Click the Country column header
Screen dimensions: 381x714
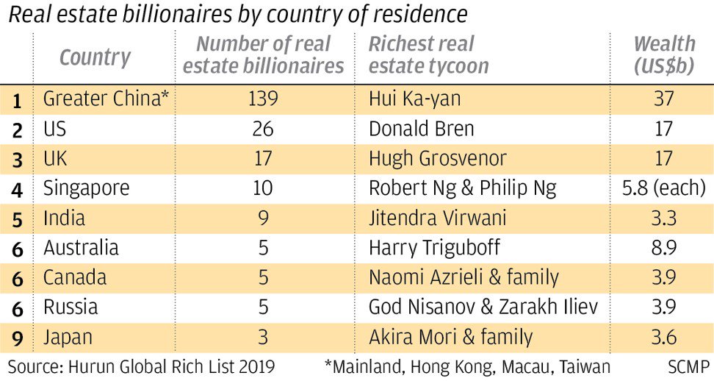(95, 57)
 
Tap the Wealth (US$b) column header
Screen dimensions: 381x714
(663, 54)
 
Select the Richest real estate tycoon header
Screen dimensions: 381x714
(428, 54)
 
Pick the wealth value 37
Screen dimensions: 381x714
(663, 99)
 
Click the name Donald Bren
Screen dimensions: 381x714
(421, 129)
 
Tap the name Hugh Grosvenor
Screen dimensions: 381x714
(437, 158)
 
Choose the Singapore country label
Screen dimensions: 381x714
(86, 188)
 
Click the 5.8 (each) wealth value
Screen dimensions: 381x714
(663, 188)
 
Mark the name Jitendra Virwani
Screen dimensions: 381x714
(438, 218)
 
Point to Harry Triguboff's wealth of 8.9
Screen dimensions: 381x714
(663, 248)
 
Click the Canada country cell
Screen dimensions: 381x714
(75, 278)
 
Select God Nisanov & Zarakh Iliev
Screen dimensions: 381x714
(484, 307)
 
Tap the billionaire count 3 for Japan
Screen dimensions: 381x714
(263, 338)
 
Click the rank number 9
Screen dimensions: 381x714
(17, 338)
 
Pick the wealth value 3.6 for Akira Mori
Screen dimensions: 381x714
(663, 338)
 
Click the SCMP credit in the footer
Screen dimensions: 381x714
(689, 366)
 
